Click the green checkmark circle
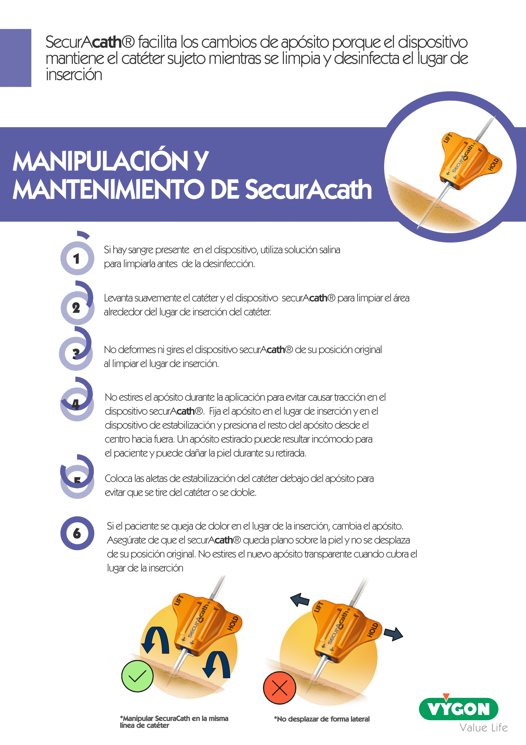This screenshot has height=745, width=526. coord(137,676)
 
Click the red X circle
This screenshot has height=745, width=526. coord(280,688)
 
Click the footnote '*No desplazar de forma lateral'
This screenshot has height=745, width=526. coord(322,719)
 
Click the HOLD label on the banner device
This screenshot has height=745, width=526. coord(493,164)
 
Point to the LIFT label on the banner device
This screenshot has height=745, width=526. coord(448,138)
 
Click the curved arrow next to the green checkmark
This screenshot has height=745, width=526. coord(155,639)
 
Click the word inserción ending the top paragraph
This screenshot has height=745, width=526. coord(74,75)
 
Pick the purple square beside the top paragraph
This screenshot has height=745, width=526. coord(16,58)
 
